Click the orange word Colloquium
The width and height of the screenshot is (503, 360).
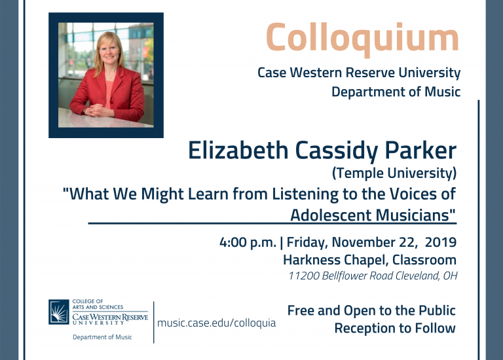point(362,39)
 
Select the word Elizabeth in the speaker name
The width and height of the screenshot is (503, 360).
point(238,151)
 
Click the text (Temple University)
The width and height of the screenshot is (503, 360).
point(394,173)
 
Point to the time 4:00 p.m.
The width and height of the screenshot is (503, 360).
point(248,242)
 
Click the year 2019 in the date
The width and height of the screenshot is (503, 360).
point(441,242)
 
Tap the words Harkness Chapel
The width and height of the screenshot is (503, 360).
point(335,260)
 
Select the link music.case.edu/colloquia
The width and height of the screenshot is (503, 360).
point(217,323)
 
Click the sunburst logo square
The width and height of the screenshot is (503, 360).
point(59,312)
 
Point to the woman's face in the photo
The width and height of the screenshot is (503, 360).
point(109,50)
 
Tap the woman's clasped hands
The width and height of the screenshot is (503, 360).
point(98,110)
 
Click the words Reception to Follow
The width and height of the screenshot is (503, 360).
point(395,329)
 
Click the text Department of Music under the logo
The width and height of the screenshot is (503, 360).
point(102,337)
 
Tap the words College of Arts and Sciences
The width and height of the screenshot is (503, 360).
point(98,304)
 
